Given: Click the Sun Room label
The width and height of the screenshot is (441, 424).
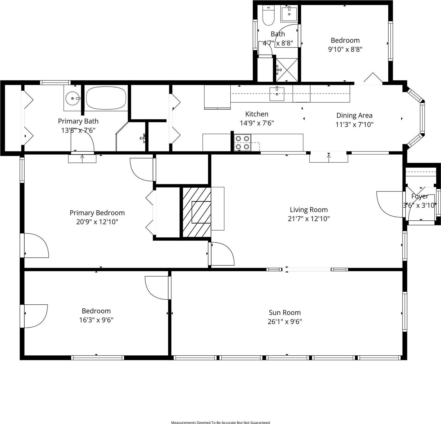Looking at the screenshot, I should [284, 312].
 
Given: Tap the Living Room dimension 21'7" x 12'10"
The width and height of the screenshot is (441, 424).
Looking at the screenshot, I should [308, 219].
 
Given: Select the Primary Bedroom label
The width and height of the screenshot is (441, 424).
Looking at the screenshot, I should [97, 213].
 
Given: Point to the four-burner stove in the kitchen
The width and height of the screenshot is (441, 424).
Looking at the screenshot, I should [242, 142].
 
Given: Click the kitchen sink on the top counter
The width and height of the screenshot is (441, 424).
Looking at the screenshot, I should [277, 94].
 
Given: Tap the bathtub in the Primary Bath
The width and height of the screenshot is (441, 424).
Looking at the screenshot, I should [106, 98].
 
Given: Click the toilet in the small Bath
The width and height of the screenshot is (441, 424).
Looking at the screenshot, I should [268, 16].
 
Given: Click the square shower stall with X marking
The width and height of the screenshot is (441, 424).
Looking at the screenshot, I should [286, 70].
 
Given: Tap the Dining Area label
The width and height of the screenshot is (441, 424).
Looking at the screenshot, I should [354, 116].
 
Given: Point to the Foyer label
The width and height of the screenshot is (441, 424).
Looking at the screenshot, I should [420, 196].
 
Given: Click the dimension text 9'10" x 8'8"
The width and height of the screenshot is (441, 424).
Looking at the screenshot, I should [345, 49].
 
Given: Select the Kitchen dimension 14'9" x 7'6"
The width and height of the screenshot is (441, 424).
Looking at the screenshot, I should [257, 123].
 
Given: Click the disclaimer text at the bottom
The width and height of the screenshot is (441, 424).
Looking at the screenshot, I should [220, 423].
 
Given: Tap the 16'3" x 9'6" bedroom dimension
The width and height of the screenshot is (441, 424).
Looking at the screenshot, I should [96, 320].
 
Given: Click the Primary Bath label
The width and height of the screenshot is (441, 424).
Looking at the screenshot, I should [78, 121].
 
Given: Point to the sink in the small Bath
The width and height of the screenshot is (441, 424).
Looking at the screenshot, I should [289, 13].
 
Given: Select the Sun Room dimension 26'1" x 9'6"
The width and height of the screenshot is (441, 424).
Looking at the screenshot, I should [284, 322].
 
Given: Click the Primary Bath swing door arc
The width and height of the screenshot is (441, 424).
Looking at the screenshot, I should [84, 142].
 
